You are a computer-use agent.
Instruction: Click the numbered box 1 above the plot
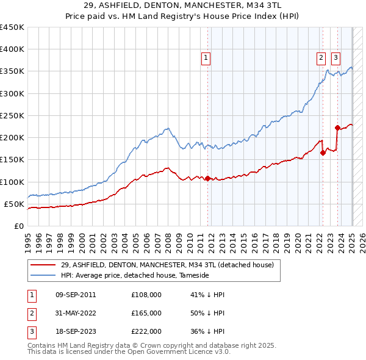pyautogui.click(x=206, y=58)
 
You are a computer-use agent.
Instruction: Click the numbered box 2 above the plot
pyautogui.click(x=321, y=58)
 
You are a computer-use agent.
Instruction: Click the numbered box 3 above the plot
pyautogui.click(x=335, y=58)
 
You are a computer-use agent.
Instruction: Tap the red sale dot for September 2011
pyautogui.click(x=207, y=178)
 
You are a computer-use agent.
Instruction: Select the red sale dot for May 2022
pyautogui.click(x=323, y=153)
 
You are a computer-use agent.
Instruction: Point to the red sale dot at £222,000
pyautogui.click(x=337, y=128)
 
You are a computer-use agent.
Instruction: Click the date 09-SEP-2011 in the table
pyautogui.click(x=76, y=295)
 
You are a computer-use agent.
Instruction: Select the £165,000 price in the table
pyautogui.click(x=146, y=313)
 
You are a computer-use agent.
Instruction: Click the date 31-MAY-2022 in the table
pyautogui.click(x=76, y=313)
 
